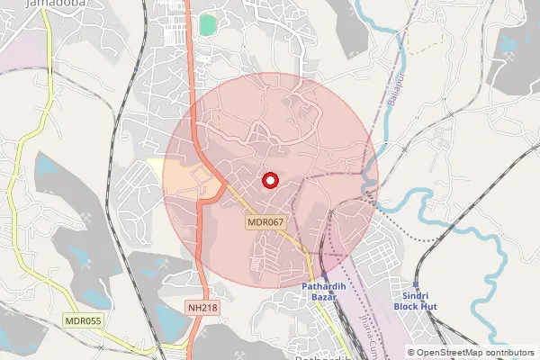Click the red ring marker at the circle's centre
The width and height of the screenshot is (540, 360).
(269, 181)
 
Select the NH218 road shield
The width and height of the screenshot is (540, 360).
(203, 308)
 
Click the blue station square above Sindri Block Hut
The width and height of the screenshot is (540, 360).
(416, 282)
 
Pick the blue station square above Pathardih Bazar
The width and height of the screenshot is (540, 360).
(323, 276)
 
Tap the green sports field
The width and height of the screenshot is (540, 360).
(208, 24)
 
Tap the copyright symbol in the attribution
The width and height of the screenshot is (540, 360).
(411, 353)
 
